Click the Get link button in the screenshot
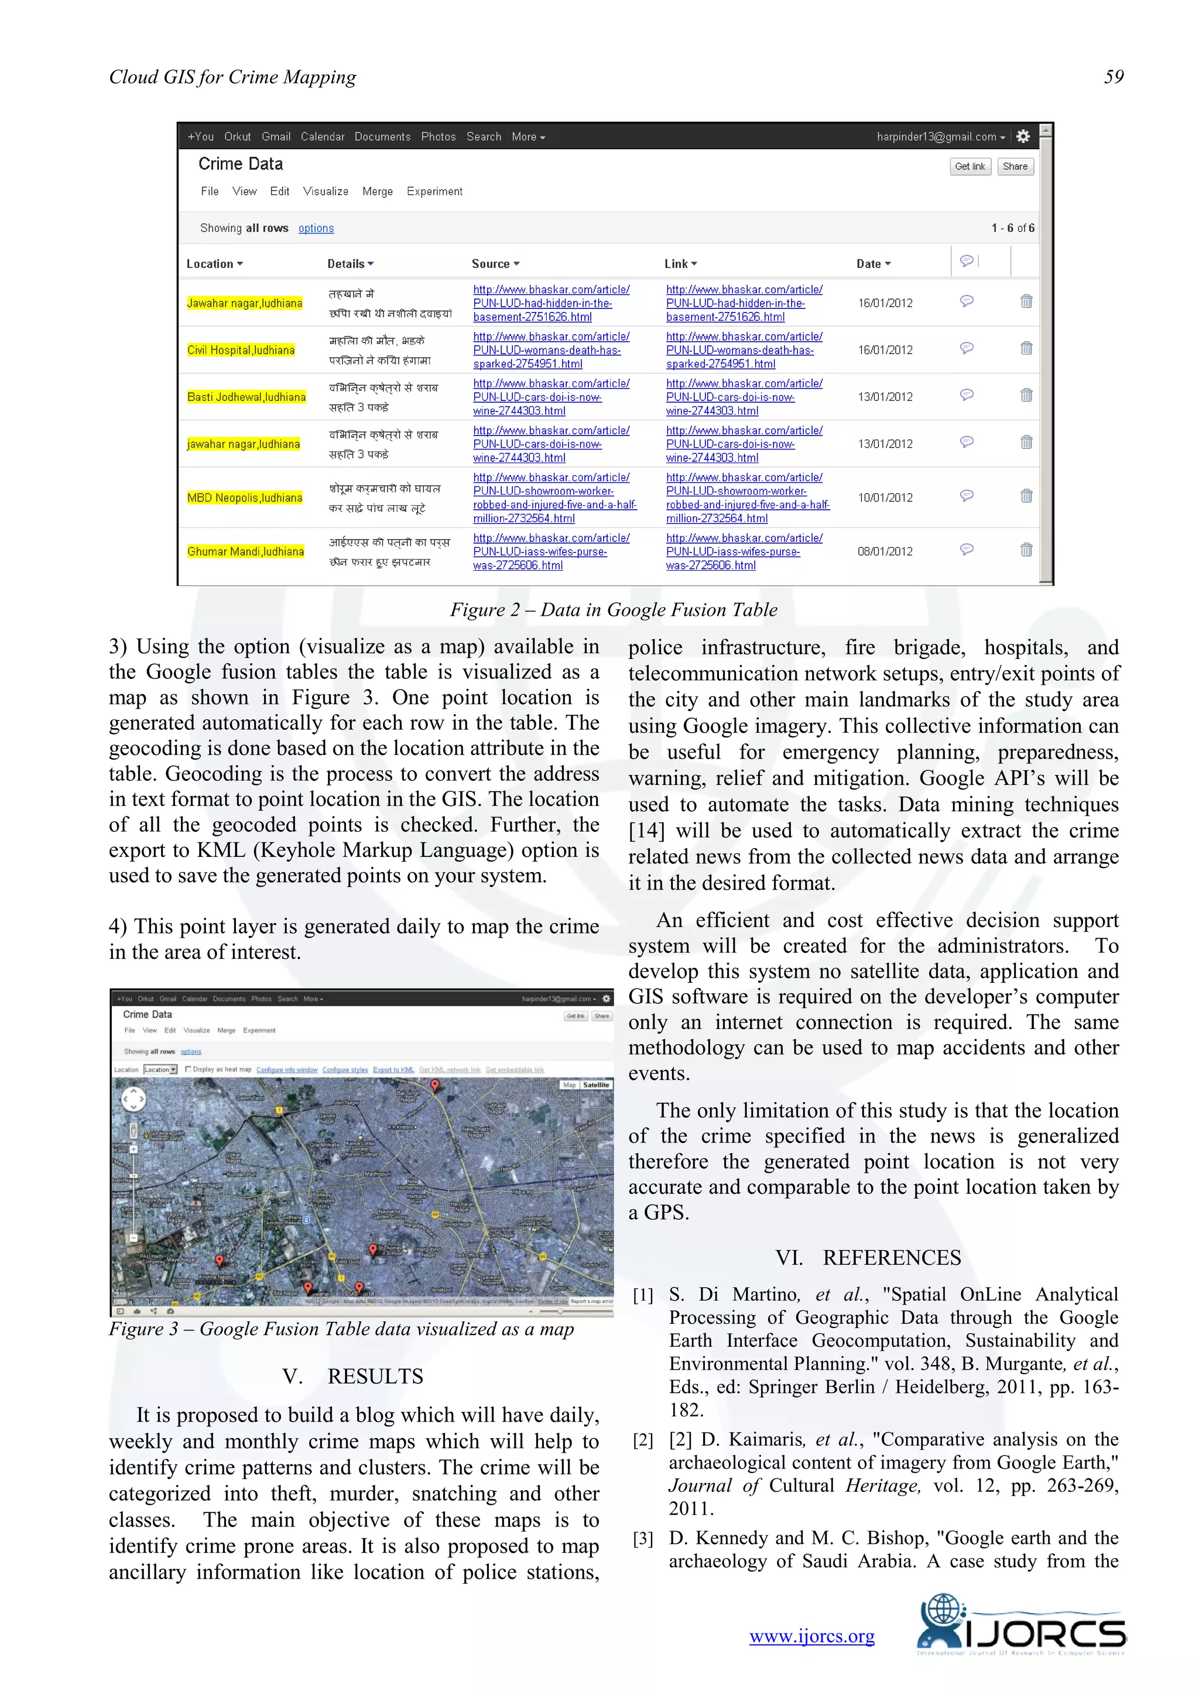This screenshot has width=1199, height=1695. (970, 167)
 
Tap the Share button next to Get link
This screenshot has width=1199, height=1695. (1015, 167)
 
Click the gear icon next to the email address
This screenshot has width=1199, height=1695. (1023, 136)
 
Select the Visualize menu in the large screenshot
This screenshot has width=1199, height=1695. (326, 191)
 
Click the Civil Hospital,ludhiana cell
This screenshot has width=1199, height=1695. (241, 350)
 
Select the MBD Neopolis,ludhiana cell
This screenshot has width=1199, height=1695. (244, 497)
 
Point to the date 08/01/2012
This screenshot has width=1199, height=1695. (885, 551)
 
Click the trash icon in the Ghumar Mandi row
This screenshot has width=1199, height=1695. (1026, 550)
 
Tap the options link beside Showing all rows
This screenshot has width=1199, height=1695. (316, 229)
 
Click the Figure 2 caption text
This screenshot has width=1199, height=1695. (614, 610)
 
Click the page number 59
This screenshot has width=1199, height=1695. (1114, 77)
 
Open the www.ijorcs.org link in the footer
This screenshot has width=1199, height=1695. (811, 1636)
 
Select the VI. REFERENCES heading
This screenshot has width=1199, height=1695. (868, 1257)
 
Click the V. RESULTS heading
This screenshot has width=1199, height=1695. (353, 1376)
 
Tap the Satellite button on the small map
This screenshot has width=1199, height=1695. (596, 1085)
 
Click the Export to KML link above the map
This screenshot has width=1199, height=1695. (393, 1070)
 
